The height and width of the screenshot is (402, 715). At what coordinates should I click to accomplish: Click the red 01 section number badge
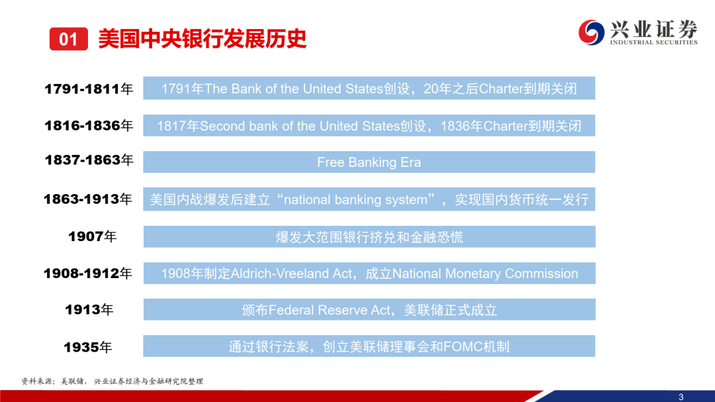coord(69,39)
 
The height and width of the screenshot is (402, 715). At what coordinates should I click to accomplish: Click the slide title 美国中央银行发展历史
coord(203,39)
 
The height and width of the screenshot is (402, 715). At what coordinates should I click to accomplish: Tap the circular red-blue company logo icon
coord(591,32)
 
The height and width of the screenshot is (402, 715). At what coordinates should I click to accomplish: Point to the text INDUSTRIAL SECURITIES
coord(654,42)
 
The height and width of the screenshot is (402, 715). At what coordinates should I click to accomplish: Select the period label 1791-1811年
coord(89,89)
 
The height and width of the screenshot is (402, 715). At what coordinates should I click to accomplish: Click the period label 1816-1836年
coord(89,125)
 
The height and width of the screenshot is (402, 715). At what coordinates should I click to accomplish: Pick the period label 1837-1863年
coord(89,160)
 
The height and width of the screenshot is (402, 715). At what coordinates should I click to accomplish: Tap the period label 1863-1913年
coord(88,199)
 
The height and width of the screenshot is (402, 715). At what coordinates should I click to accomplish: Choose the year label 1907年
coord(93,236)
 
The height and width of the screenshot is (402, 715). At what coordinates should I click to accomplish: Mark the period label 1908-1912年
coord(88,274)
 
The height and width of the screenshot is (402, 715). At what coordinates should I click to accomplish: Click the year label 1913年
coord(89,310)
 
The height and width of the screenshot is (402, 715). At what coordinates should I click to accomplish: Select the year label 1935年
coord(88,347)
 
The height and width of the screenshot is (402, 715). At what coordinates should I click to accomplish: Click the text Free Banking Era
coord(369,162)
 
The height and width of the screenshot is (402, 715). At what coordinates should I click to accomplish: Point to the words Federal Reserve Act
coord(329,311)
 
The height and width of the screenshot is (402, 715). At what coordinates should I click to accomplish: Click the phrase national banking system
coord(356,200)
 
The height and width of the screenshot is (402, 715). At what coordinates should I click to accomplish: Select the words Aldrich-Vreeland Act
coord(291,274)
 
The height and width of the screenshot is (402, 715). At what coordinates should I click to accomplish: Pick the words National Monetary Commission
coord(485,274)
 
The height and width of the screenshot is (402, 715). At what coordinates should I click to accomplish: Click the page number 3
coord(681,397)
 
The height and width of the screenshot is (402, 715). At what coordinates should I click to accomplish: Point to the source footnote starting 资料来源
coord(112,381)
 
